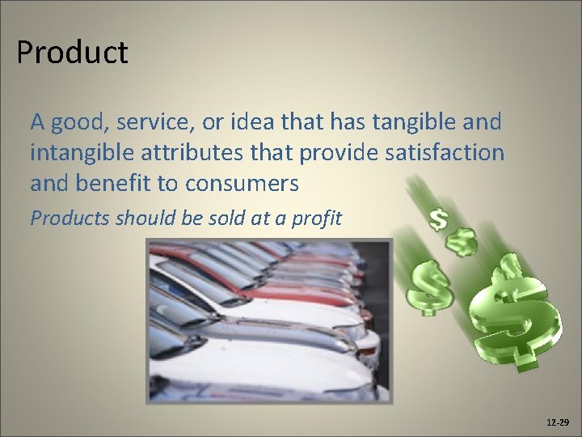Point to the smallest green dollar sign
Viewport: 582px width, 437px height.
[439, 219]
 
